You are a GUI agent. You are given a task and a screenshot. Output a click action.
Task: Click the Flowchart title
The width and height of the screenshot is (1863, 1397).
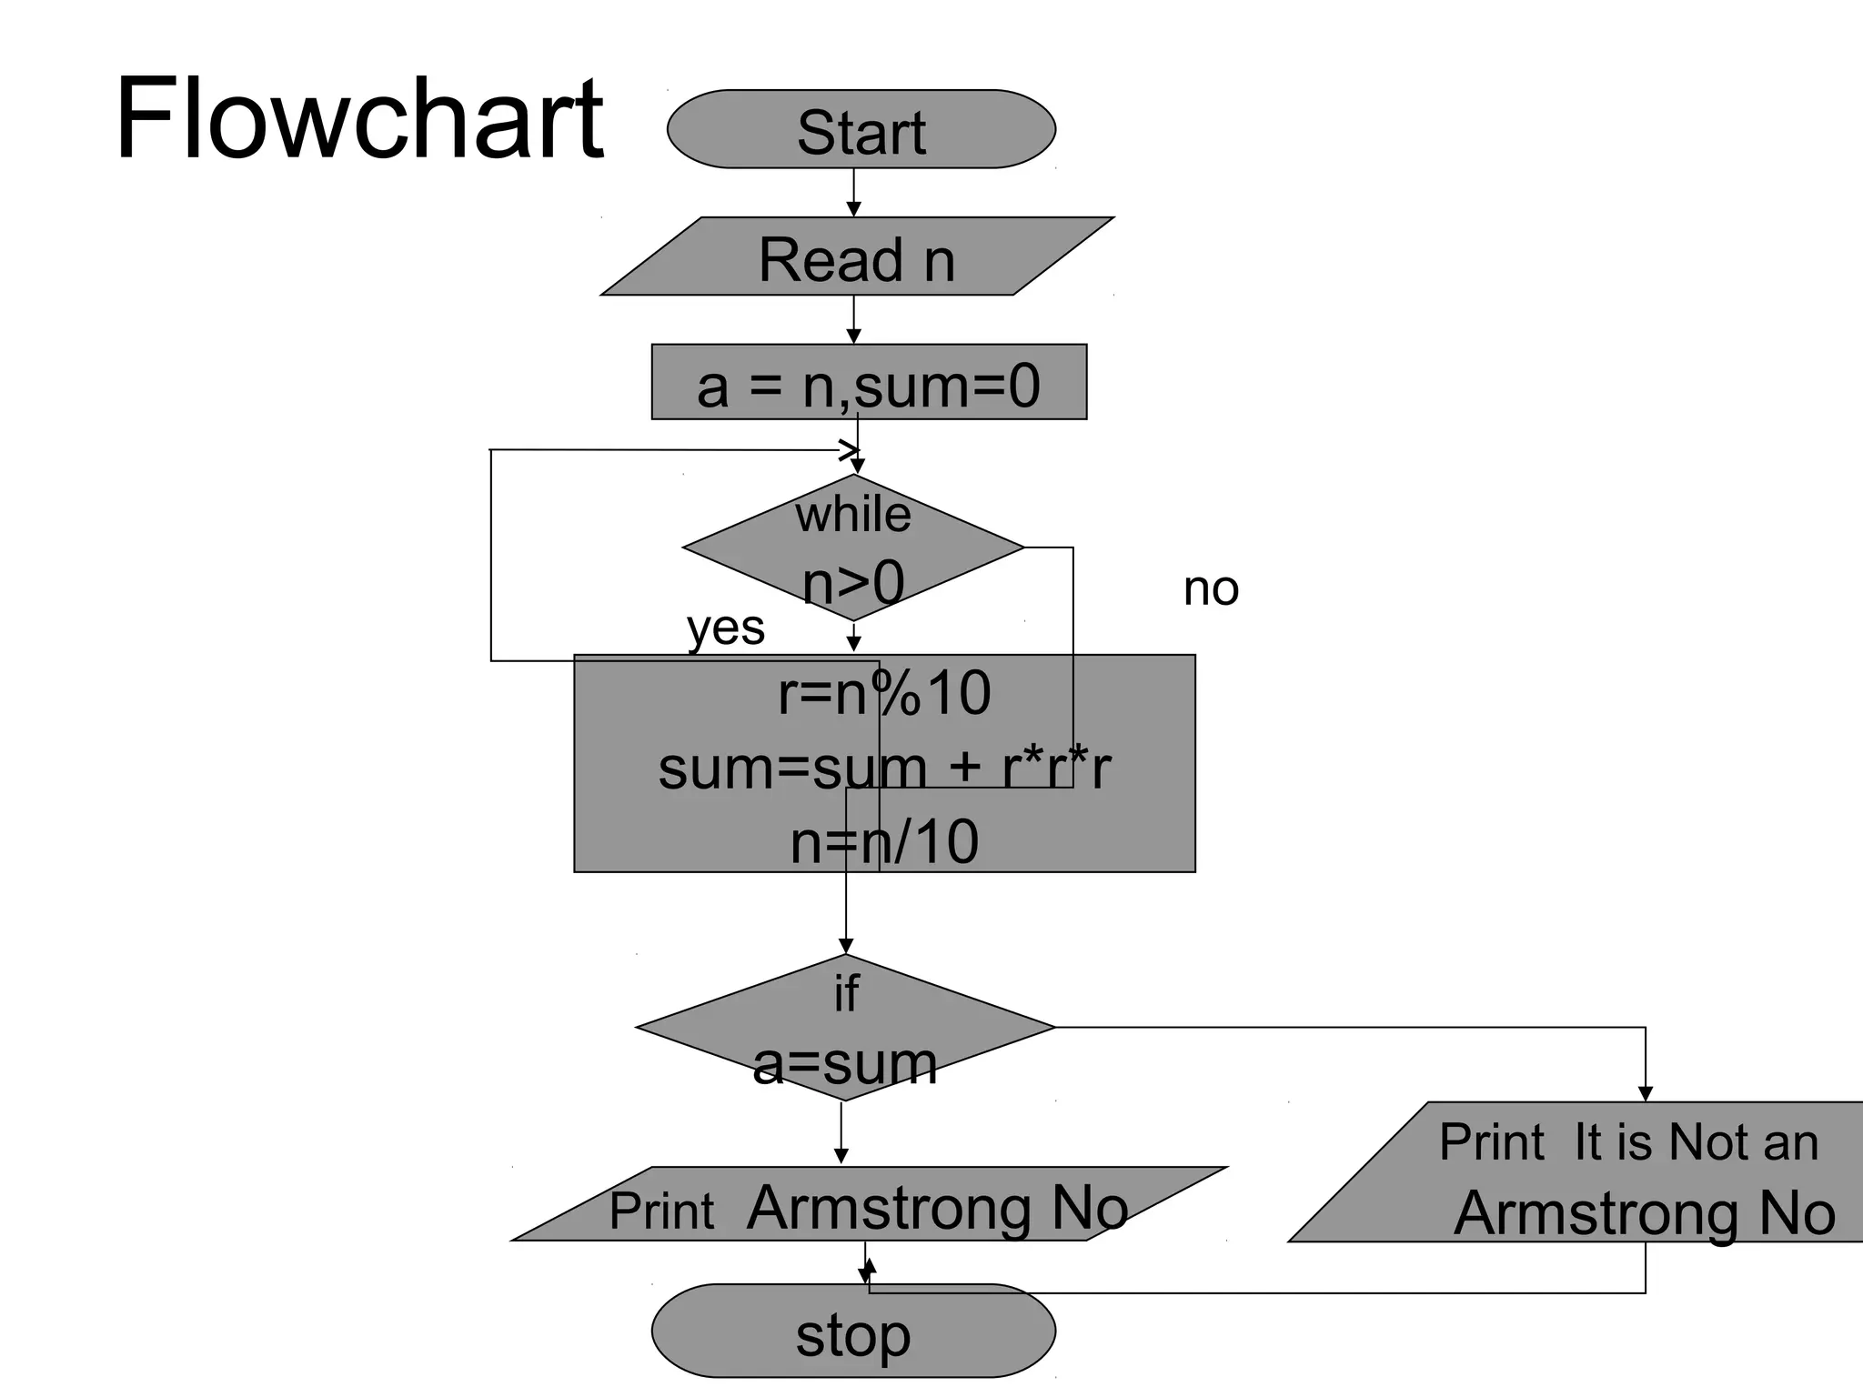click(x=358, y=119)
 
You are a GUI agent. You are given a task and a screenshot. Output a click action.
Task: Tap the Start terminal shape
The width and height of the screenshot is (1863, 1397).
click(x=861, y=130)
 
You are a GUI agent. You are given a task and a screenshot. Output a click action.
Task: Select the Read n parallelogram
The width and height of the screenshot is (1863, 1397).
click(x=857, y=258)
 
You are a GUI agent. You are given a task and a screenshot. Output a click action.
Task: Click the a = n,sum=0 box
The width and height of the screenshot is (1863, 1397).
click(x=869, y=383)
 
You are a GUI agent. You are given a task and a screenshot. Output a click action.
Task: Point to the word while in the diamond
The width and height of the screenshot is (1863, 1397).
click(x=852, y=515)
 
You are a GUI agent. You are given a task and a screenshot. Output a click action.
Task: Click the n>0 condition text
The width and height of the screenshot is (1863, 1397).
click(x=853, y=581)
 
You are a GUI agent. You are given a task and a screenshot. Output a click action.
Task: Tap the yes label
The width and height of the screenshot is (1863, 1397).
click(x=725, y=628)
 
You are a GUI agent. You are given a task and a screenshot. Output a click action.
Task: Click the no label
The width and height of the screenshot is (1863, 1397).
click(x=1210, y=588)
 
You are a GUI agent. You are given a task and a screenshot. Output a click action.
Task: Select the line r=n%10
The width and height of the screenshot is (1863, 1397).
click(x=884, y=694)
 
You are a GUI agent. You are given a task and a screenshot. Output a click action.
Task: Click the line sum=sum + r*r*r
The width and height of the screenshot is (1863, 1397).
click(x=884, y=769)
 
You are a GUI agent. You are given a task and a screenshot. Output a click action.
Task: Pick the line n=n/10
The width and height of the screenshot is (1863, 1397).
click(x=884, y=841)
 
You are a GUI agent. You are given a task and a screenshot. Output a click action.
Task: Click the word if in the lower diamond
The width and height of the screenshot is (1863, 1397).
click(x=845, y=992)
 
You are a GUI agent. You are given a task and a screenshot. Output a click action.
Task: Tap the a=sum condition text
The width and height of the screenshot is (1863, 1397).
click(x=845, y=1062)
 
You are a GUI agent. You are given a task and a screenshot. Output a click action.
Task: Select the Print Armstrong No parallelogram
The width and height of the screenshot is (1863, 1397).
click(x=869, y=1208)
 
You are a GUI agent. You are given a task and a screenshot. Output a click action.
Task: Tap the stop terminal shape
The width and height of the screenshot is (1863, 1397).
click(x=853, y=1333)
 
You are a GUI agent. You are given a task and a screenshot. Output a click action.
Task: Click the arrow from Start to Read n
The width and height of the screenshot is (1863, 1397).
click(x=853, y=193)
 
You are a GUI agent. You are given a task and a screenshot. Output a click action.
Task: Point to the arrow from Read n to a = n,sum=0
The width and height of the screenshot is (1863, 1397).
click(x=853, y=319)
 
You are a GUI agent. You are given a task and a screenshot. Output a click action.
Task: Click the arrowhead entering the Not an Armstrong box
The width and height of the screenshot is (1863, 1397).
click(x=1645, y=1092)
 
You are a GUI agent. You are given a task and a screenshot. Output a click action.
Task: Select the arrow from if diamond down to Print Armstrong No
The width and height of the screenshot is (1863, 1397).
click(x=841, y=1133)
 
